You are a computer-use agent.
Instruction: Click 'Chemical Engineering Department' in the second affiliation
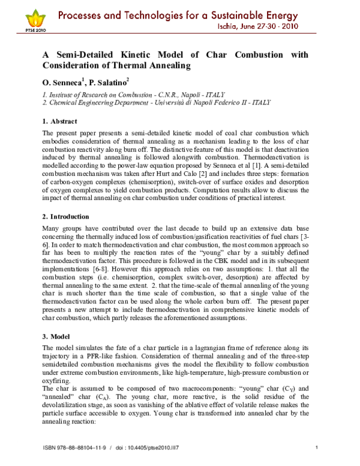pyautogui.click(x=95, y=103)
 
